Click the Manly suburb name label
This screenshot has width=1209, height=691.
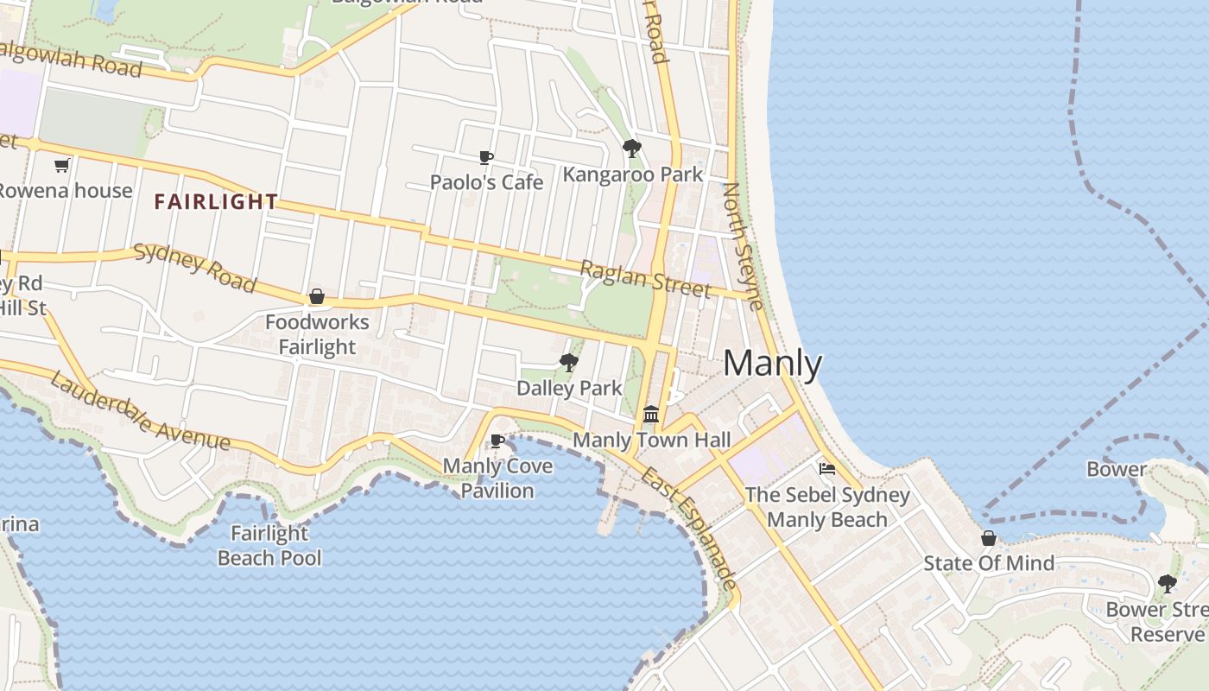pyautogui.click(x=772, y=363)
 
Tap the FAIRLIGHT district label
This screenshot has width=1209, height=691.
pyautogui.click(x=216, y=202)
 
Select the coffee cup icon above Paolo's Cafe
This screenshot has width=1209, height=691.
pyautogui.click(x=486, y=157)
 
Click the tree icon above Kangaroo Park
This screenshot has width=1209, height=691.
pyautogui.click(x=632, y=149)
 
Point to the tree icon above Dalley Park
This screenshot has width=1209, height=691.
pyautogui.click(x=568, y=363)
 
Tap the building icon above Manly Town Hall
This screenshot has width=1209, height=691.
pyautogui.click(x=651, y=414)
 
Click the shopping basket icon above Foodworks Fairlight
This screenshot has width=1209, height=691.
pyautogui.click(x=317, y=296)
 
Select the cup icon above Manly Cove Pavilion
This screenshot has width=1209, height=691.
pyautogui.click(x=497, y=441)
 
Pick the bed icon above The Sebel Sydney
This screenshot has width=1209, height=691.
pyautogui.click(x=827, y=469)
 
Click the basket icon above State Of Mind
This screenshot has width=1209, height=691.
pyautogui.click(x=989, y=538)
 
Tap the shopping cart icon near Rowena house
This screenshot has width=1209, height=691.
pyautogui.click(x=61, y=165)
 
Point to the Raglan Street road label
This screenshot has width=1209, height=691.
pyautogui.click(x=644, y=278)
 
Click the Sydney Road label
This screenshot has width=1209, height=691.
pyautogui.click(x=195, y=267)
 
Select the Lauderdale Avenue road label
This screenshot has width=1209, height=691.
pyautogui.click(x=140, y=411)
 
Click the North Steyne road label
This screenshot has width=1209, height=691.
pyautogui.click(x=744, y=245)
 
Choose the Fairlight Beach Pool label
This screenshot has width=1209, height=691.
pyautogui.click(x=269, y=546)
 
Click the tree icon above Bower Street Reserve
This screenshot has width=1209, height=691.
pyautogui.click(x=1167, y=584)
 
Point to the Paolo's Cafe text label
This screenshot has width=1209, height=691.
pyautogui.click(x=487, y=182)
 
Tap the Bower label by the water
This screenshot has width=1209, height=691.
pyautogui.click(x=1117, y=469)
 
